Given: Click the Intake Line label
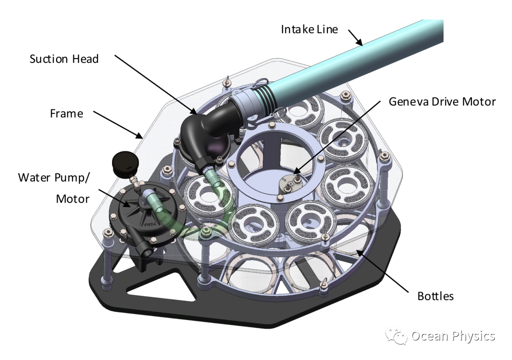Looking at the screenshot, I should point(309,29).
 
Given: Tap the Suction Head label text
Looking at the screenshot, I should point(64,59).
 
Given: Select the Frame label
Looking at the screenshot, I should point(66,114).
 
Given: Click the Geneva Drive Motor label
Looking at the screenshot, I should point(442,102).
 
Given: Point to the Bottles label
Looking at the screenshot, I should point(435,296).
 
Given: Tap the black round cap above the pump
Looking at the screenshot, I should point(124,164).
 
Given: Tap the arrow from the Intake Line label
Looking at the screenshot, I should point(354,37).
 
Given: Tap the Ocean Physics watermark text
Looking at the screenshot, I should point(453,336).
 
